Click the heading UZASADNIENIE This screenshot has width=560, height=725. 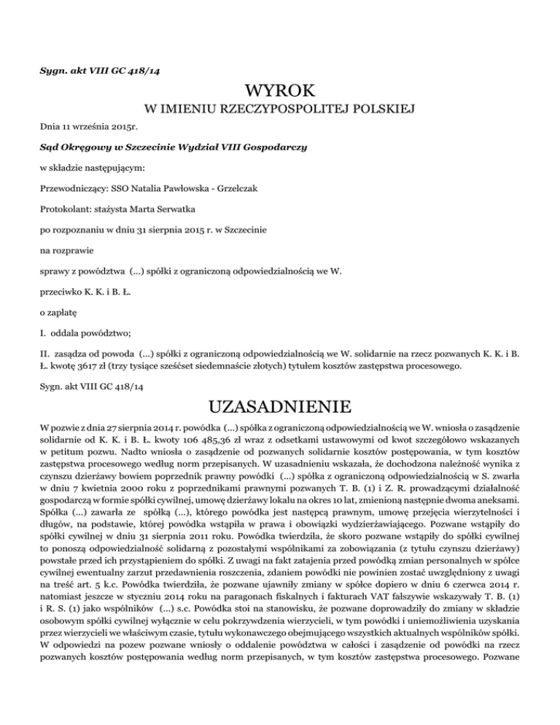[280, 405]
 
